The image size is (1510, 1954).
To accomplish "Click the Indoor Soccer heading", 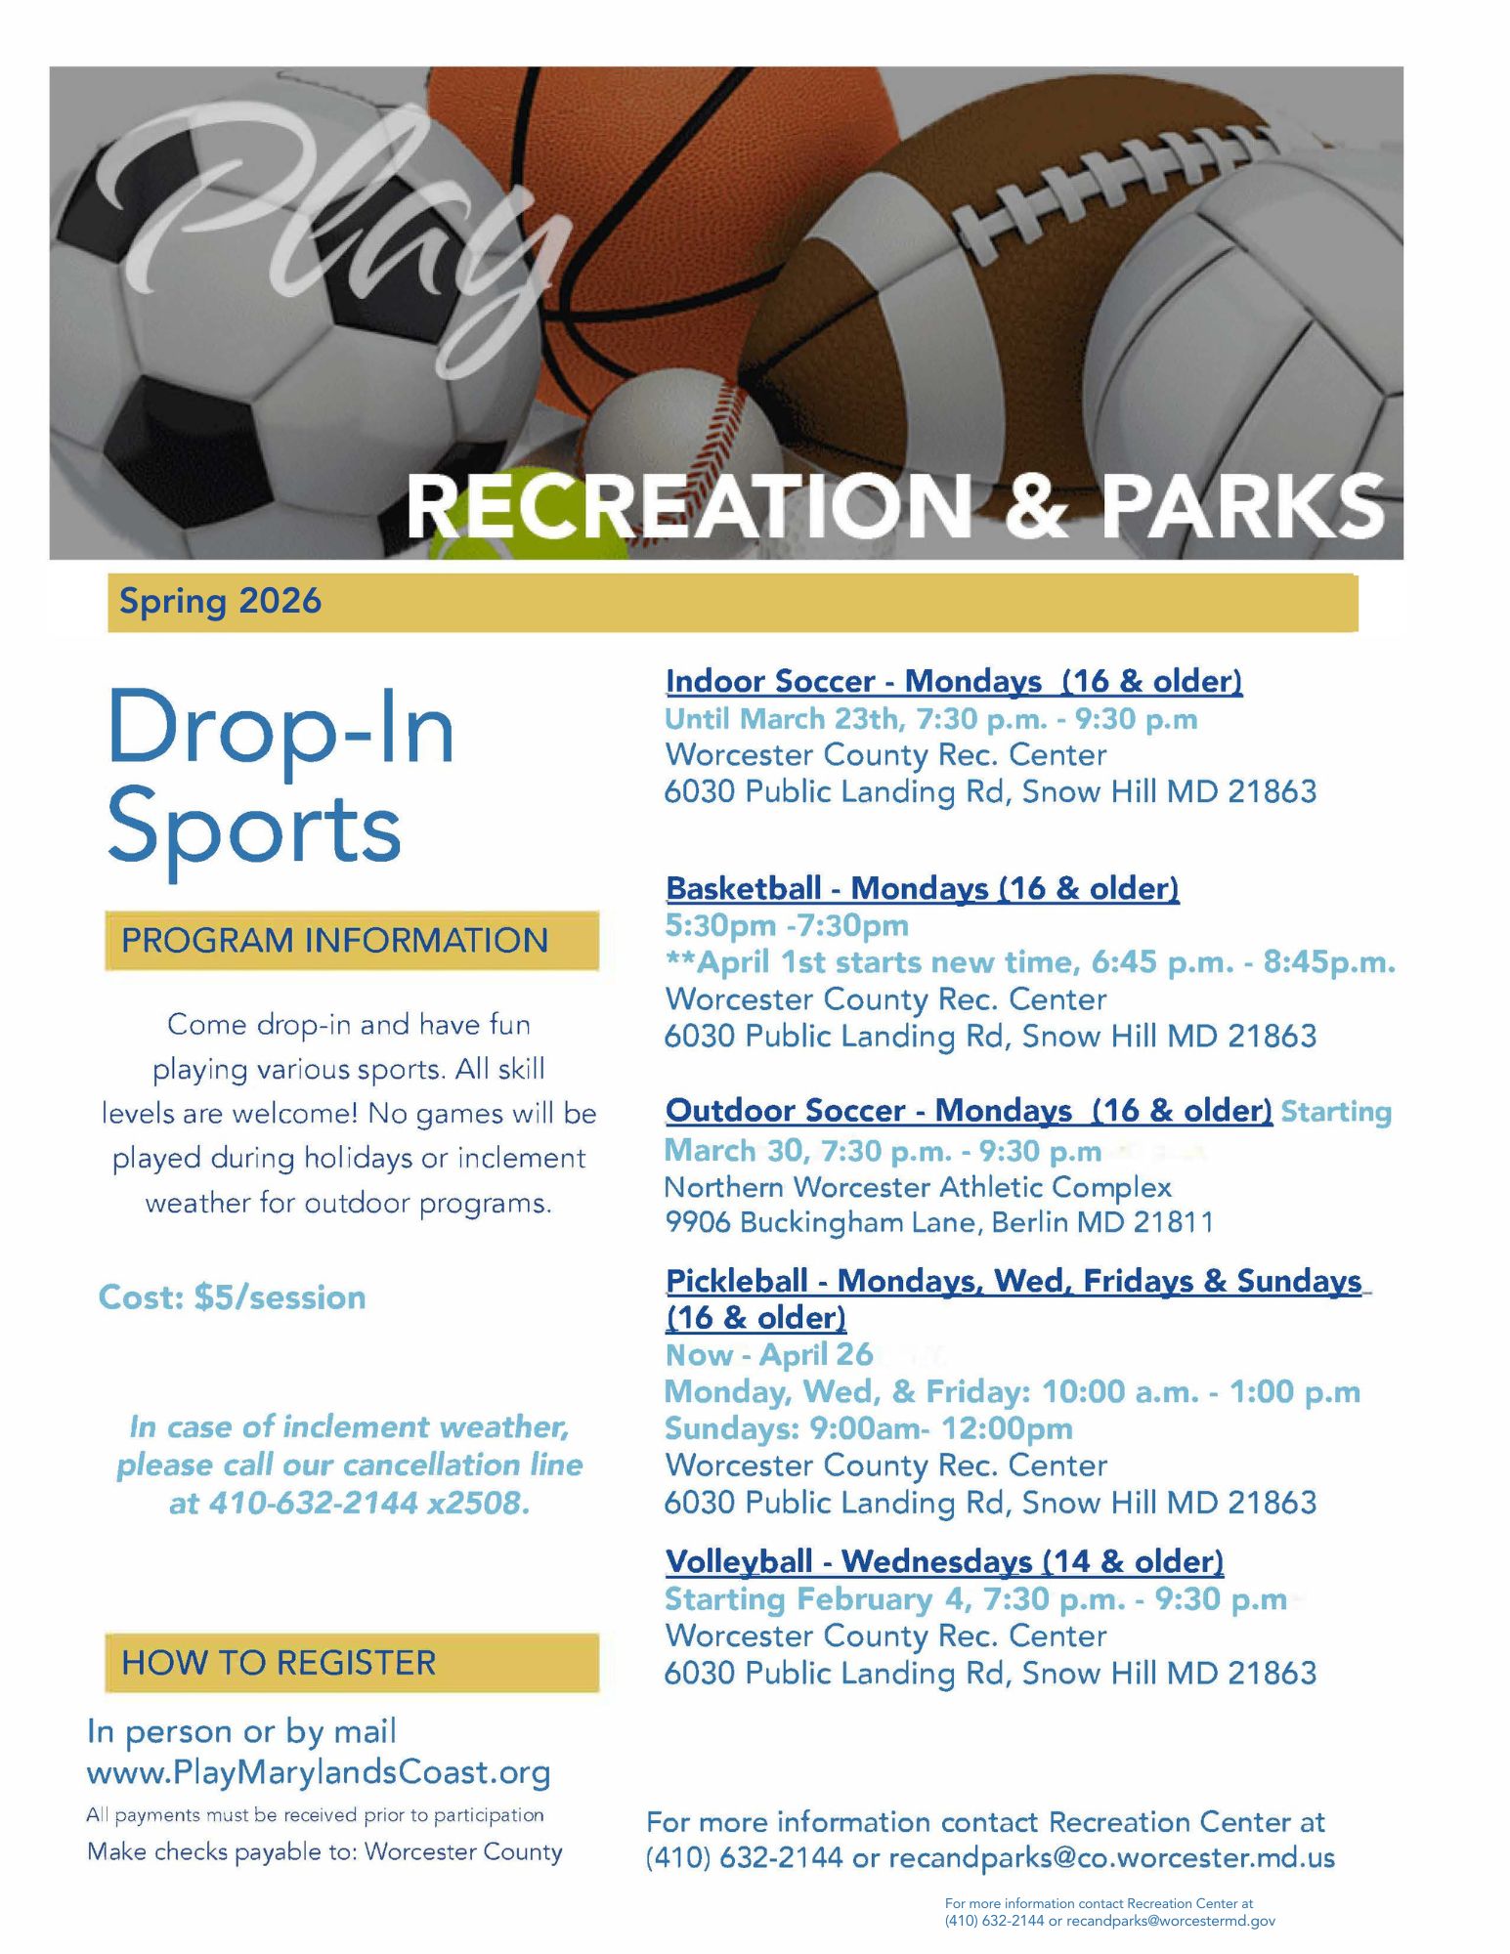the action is pyautogui.click(x=954, y=681).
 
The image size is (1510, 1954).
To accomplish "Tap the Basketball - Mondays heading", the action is pyautogui.click(x=923, y=888).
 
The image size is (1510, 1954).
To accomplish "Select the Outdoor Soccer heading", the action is pyautogui.click(x=969, y=1111).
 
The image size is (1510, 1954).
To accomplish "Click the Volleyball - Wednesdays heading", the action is pyautogui.click(x=944, y=1561).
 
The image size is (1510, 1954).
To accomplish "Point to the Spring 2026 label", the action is pyautogui.click(x=220, y=601).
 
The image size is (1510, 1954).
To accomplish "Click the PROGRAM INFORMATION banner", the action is pyautogui.click(x=352, y=940).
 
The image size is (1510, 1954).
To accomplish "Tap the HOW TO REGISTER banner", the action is pyautogui.click(x=352, y=1662).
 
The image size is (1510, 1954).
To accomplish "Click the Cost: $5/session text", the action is pyautogui.click(x=233, y=1297).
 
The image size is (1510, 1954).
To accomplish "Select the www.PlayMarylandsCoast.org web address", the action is pyautogui.click(x=319, y=1772).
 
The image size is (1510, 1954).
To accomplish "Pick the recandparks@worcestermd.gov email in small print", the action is pyautogui.click(x=1171, y=1921).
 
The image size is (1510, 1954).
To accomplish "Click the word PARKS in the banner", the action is pyautogui.click(x=1244, y=505).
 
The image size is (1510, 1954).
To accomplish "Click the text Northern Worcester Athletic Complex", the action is pyautogui.click(x=918, y=1187).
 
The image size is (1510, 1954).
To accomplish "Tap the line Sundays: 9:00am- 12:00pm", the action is pyautogui.click(x=869, y=1428).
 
